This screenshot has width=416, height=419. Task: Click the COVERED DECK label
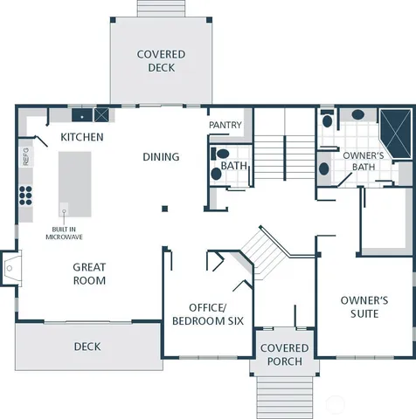161,60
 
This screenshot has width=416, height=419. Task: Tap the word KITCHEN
82,138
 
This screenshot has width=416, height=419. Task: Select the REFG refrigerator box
25,157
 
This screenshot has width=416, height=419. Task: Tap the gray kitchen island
74,183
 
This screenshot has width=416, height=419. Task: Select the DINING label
161,157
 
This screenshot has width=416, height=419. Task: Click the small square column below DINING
164,208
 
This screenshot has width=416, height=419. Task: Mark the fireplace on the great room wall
9,269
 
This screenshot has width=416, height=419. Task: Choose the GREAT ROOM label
89,274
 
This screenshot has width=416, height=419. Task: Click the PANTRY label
225,126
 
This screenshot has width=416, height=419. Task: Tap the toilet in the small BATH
217,174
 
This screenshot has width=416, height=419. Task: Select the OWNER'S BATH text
359,161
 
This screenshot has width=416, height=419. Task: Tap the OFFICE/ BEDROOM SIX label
207,313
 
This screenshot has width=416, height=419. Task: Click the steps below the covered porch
283,397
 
